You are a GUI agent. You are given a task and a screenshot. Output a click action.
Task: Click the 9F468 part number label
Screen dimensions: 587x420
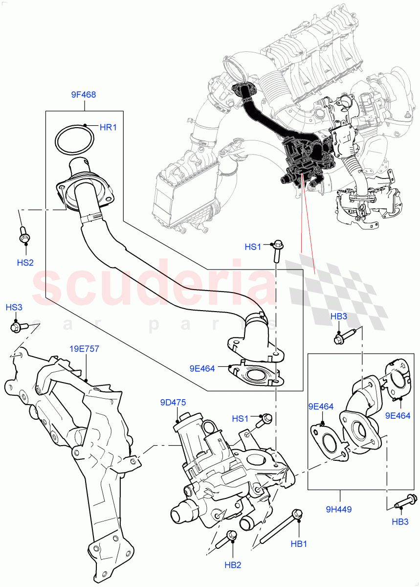coord(83,95)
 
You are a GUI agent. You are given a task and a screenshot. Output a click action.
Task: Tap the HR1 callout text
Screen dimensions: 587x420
coord(108,128)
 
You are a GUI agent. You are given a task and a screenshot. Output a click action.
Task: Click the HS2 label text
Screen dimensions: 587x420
coord(25,263)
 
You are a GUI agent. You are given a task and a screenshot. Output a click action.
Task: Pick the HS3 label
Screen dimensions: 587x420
coord(14,308)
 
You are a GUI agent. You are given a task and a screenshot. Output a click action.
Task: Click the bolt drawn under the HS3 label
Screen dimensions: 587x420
coord(16,326)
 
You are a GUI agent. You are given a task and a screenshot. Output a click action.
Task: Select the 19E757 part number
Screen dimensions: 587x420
coord(84,349)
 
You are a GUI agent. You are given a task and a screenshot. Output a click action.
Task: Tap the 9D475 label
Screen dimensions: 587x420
coord(172,403)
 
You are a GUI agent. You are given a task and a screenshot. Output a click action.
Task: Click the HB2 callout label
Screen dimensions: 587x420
coord(233,565)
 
